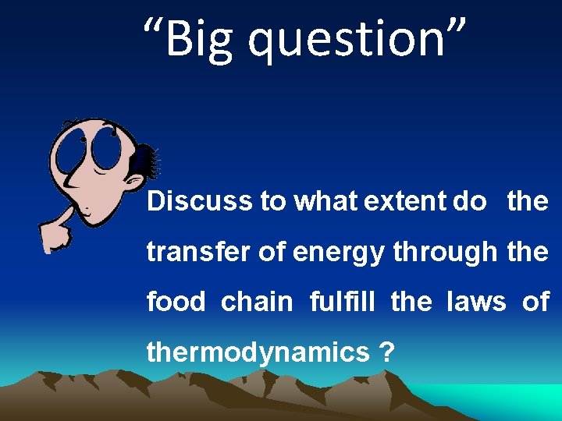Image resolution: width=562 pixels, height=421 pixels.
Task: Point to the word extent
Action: point(405,201)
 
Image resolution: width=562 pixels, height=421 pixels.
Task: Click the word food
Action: point(176,301)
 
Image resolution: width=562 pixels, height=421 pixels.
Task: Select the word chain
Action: point(257,301)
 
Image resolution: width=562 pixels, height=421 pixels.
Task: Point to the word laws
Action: point(476,301)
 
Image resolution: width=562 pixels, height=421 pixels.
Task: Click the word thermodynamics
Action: point(258,352)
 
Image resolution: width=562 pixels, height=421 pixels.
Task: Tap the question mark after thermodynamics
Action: point(385,352)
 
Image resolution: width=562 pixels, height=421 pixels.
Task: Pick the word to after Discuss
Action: point(272,201)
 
